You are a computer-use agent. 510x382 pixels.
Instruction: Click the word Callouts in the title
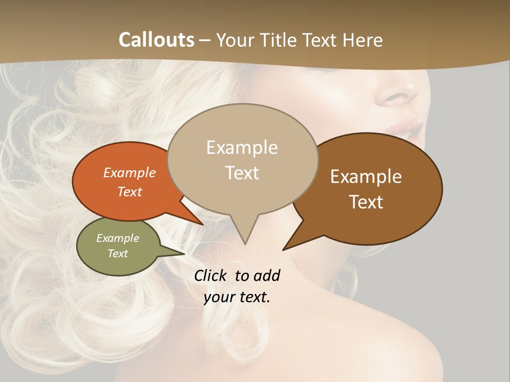pyautogui.click(x=156, y=40)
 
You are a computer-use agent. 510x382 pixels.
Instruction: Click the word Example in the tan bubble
pyautogui.click(x=242, y=147)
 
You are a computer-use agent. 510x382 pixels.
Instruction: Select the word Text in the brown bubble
pyautogui.click(x=367, y=202)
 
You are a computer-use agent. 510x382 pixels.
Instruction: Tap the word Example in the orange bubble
pyautogui.click(x=130, y=172)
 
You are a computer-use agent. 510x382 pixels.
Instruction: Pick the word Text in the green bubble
pyautogui.click(x=118, y=254)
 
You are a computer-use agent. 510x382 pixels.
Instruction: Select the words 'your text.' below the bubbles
pyautogui.click(x=237, y=297)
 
